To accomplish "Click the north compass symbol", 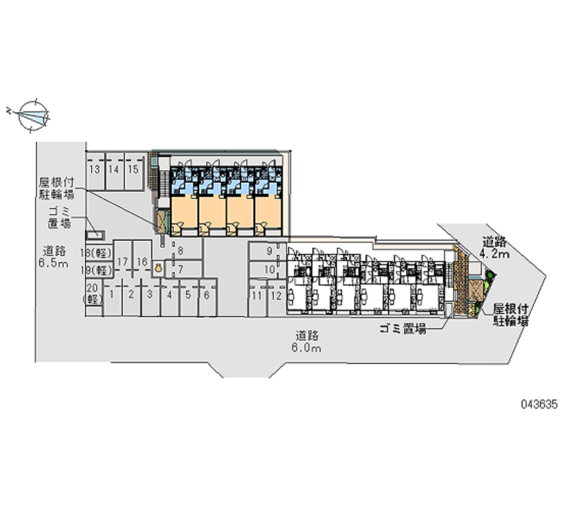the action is (x=33, y=116).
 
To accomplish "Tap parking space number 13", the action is (x=95, y=172).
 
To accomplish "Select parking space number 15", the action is (x=133, y=172).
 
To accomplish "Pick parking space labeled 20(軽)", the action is (x=94, y=294).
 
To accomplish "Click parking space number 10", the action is (x=267, y=270).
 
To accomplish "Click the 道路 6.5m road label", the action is (x=54, y=257).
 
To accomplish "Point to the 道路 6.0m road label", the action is (x=306, y=342).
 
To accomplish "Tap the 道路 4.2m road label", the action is (x=494, y=248).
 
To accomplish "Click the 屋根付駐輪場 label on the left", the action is (x=57, y=189).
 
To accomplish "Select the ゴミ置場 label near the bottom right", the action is (x=403, y=328).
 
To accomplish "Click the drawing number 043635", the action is (x=539, y=405).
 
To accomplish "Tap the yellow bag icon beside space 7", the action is (x=158, y=267).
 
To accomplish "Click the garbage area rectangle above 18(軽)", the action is (x=95, y=235).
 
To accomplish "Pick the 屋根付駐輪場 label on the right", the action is (x=511, y=315).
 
